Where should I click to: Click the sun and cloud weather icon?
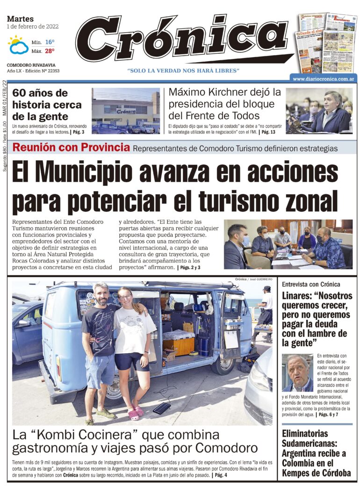18,45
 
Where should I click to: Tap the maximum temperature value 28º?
50,50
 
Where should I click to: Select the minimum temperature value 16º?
50,42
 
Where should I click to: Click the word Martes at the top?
21,19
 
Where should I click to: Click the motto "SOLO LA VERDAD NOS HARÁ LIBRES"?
183,70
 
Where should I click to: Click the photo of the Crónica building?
125,111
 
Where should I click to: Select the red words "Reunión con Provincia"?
71,148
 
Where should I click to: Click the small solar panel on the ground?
162,408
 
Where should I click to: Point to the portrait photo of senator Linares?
297,372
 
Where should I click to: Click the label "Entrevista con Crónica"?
311,284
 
